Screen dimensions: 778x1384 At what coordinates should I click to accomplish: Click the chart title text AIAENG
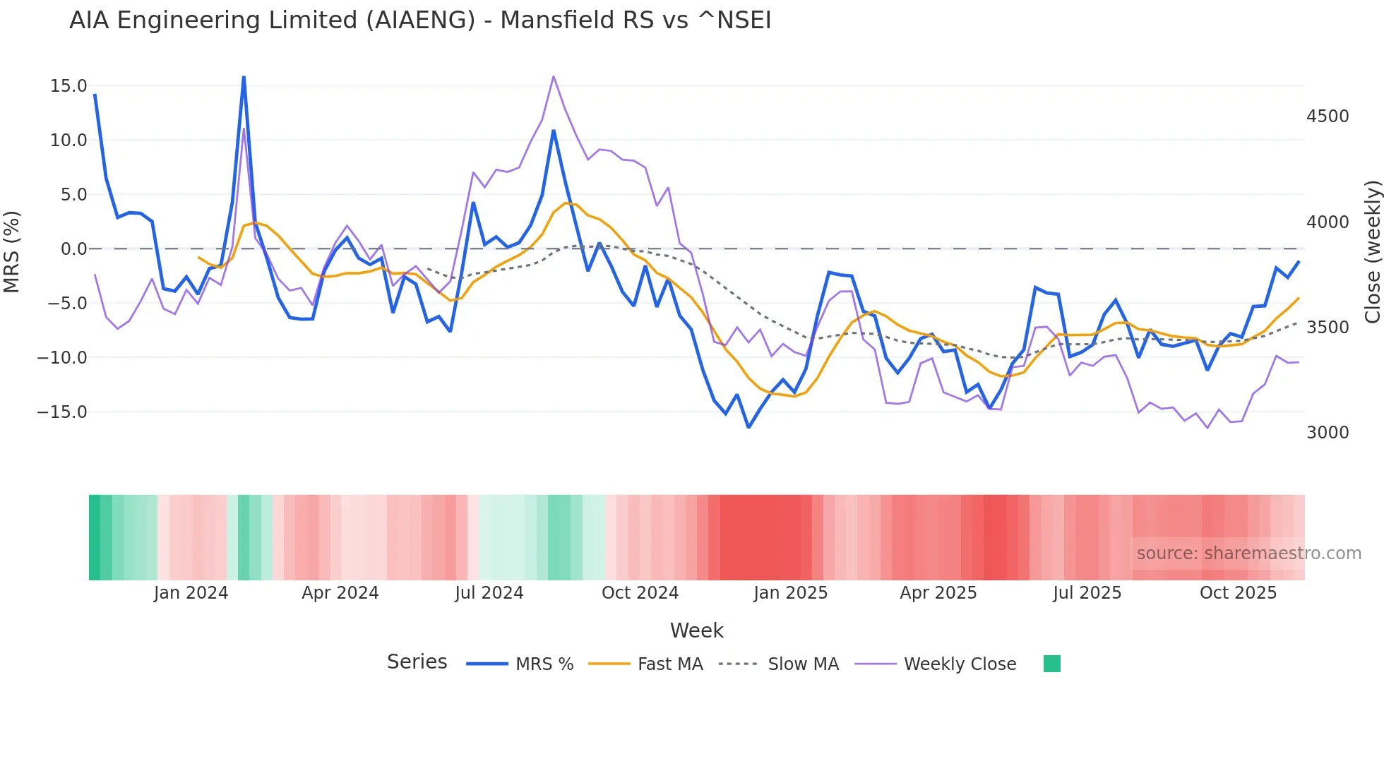click(420, 20)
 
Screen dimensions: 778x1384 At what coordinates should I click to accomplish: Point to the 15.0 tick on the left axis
click(68, 86)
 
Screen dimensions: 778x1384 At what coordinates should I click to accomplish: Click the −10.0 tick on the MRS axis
click(62, 358)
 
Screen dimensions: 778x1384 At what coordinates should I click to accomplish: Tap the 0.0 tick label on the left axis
click(73, 249)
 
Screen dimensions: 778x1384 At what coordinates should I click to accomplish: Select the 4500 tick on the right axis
click(1328, 116)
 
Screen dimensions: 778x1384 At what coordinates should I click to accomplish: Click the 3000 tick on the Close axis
click(1328, 433)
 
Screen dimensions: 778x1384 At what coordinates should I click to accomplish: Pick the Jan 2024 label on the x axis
click(191, 593)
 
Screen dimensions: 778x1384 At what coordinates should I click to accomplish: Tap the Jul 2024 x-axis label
click(489, 593)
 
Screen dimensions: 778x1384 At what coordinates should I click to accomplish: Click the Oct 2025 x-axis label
click(1238, 593)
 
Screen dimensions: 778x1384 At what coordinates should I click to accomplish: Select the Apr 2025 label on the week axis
click(938, 593)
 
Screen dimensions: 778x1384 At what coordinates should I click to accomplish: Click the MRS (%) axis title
click(12, 252)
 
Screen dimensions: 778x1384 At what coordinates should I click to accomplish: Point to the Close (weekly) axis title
click(1372, 252)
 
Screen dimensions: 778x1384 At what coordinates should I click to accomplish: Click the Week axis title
click(696, 630)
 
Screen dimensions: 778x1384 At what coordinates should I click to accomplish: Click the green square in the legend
click(1051, 664)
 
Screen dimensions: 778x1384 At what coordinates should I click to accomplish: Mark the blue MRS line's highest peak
click(244, 77)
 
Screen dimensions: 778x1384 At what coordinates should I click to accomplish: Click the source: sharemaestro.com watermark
click(1248, 553)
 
